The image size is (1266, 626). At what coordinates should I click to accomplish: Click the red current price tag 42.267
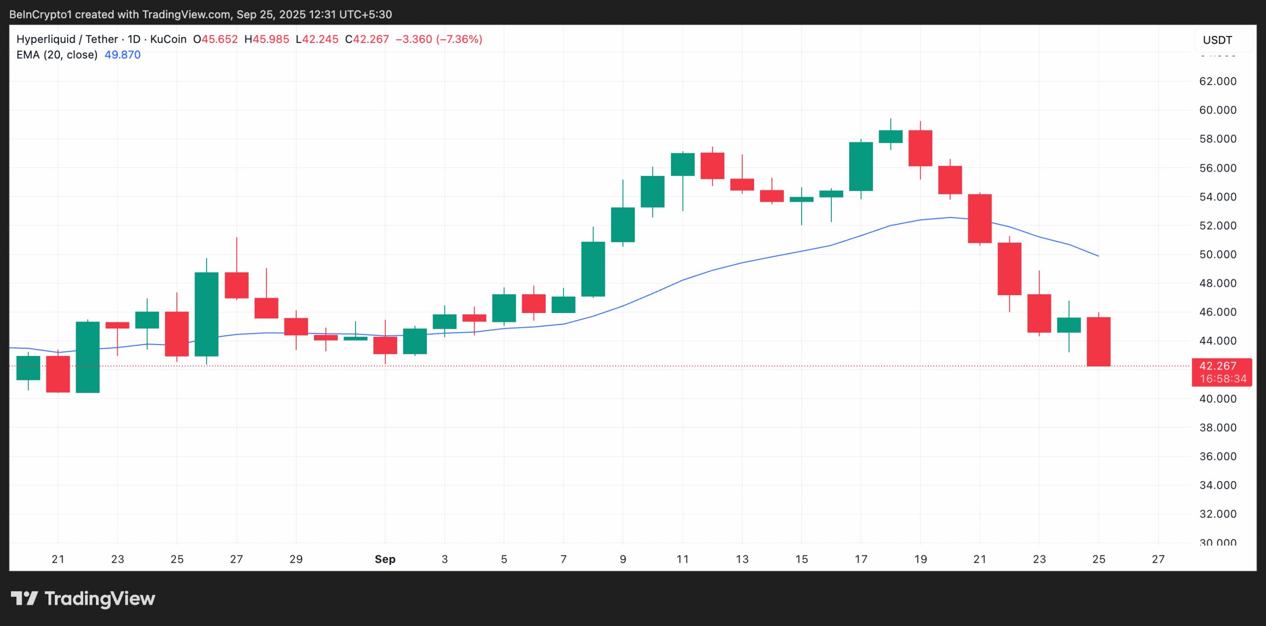pyautogui.click(x=1221, y=366)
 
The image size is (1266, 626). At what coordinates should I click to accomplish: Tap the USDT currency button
pyautogui.click(x=1217, y=40)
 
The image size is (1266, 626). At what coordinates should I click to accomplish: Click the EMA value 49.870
pyautogui.click(x=122, y=55)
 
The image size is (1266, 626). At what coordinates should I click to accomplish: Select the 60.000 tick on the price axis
pyautogui.click(x=1218, y=110)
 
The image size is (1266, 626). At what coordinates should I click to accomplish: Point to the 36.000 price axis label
pyautogui.click(x=1218, y=456)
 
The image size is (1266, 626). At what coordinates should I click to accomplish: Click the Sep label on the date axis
pyautogui.click(x=385, y=559)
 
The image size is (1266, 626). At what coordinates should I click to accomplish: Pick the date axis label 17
pyautogui.click(x=860, y=559)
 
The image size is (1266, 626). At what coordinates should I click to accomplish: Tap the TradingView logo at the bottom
pyautogui.click(x=83, y=599)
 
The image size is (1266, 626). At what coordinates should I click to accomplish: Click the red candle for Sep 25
pyautogui.click(x=1098, y=342)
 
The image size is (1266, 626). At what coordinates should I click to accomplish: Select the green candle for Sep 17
pyautogui.click(x=860, y=167)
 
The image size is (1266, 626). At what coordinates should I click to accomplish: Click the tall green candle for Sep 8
pyautogui.click(x=593, y=269)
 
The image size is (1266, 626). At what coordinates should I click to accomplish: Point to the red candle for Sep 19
pyautogui.click(x=920, y=148)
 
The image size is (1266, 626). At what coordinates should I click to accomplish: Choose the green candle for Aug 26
pyautogui.click(x=206, y=314)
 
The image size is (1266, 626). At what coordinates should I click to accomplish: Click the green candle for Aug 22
pyautogui.click(x=88, y=357)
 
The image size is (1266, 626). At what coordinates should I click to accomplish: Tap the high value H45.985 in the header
pyautogui.click(x=267, y=40)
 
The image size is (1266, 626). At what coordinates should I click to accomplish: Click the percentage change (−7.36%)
pyautogui.click(x=459, y=40)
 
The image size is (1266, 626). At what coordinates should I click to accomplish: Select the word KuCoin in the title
pyautogui.click(x=168, y=40)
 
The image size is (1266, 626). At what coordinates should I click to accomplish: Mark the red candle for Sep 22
pyautogui.click(x=1009, y=269)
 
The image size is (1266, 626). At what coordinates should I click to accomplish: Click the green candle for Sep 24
pyautogui.click(x=1069, y=325)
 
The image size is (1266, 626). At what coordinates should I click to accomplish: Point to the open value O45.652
pyautogui.click(x=215, y=40)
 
